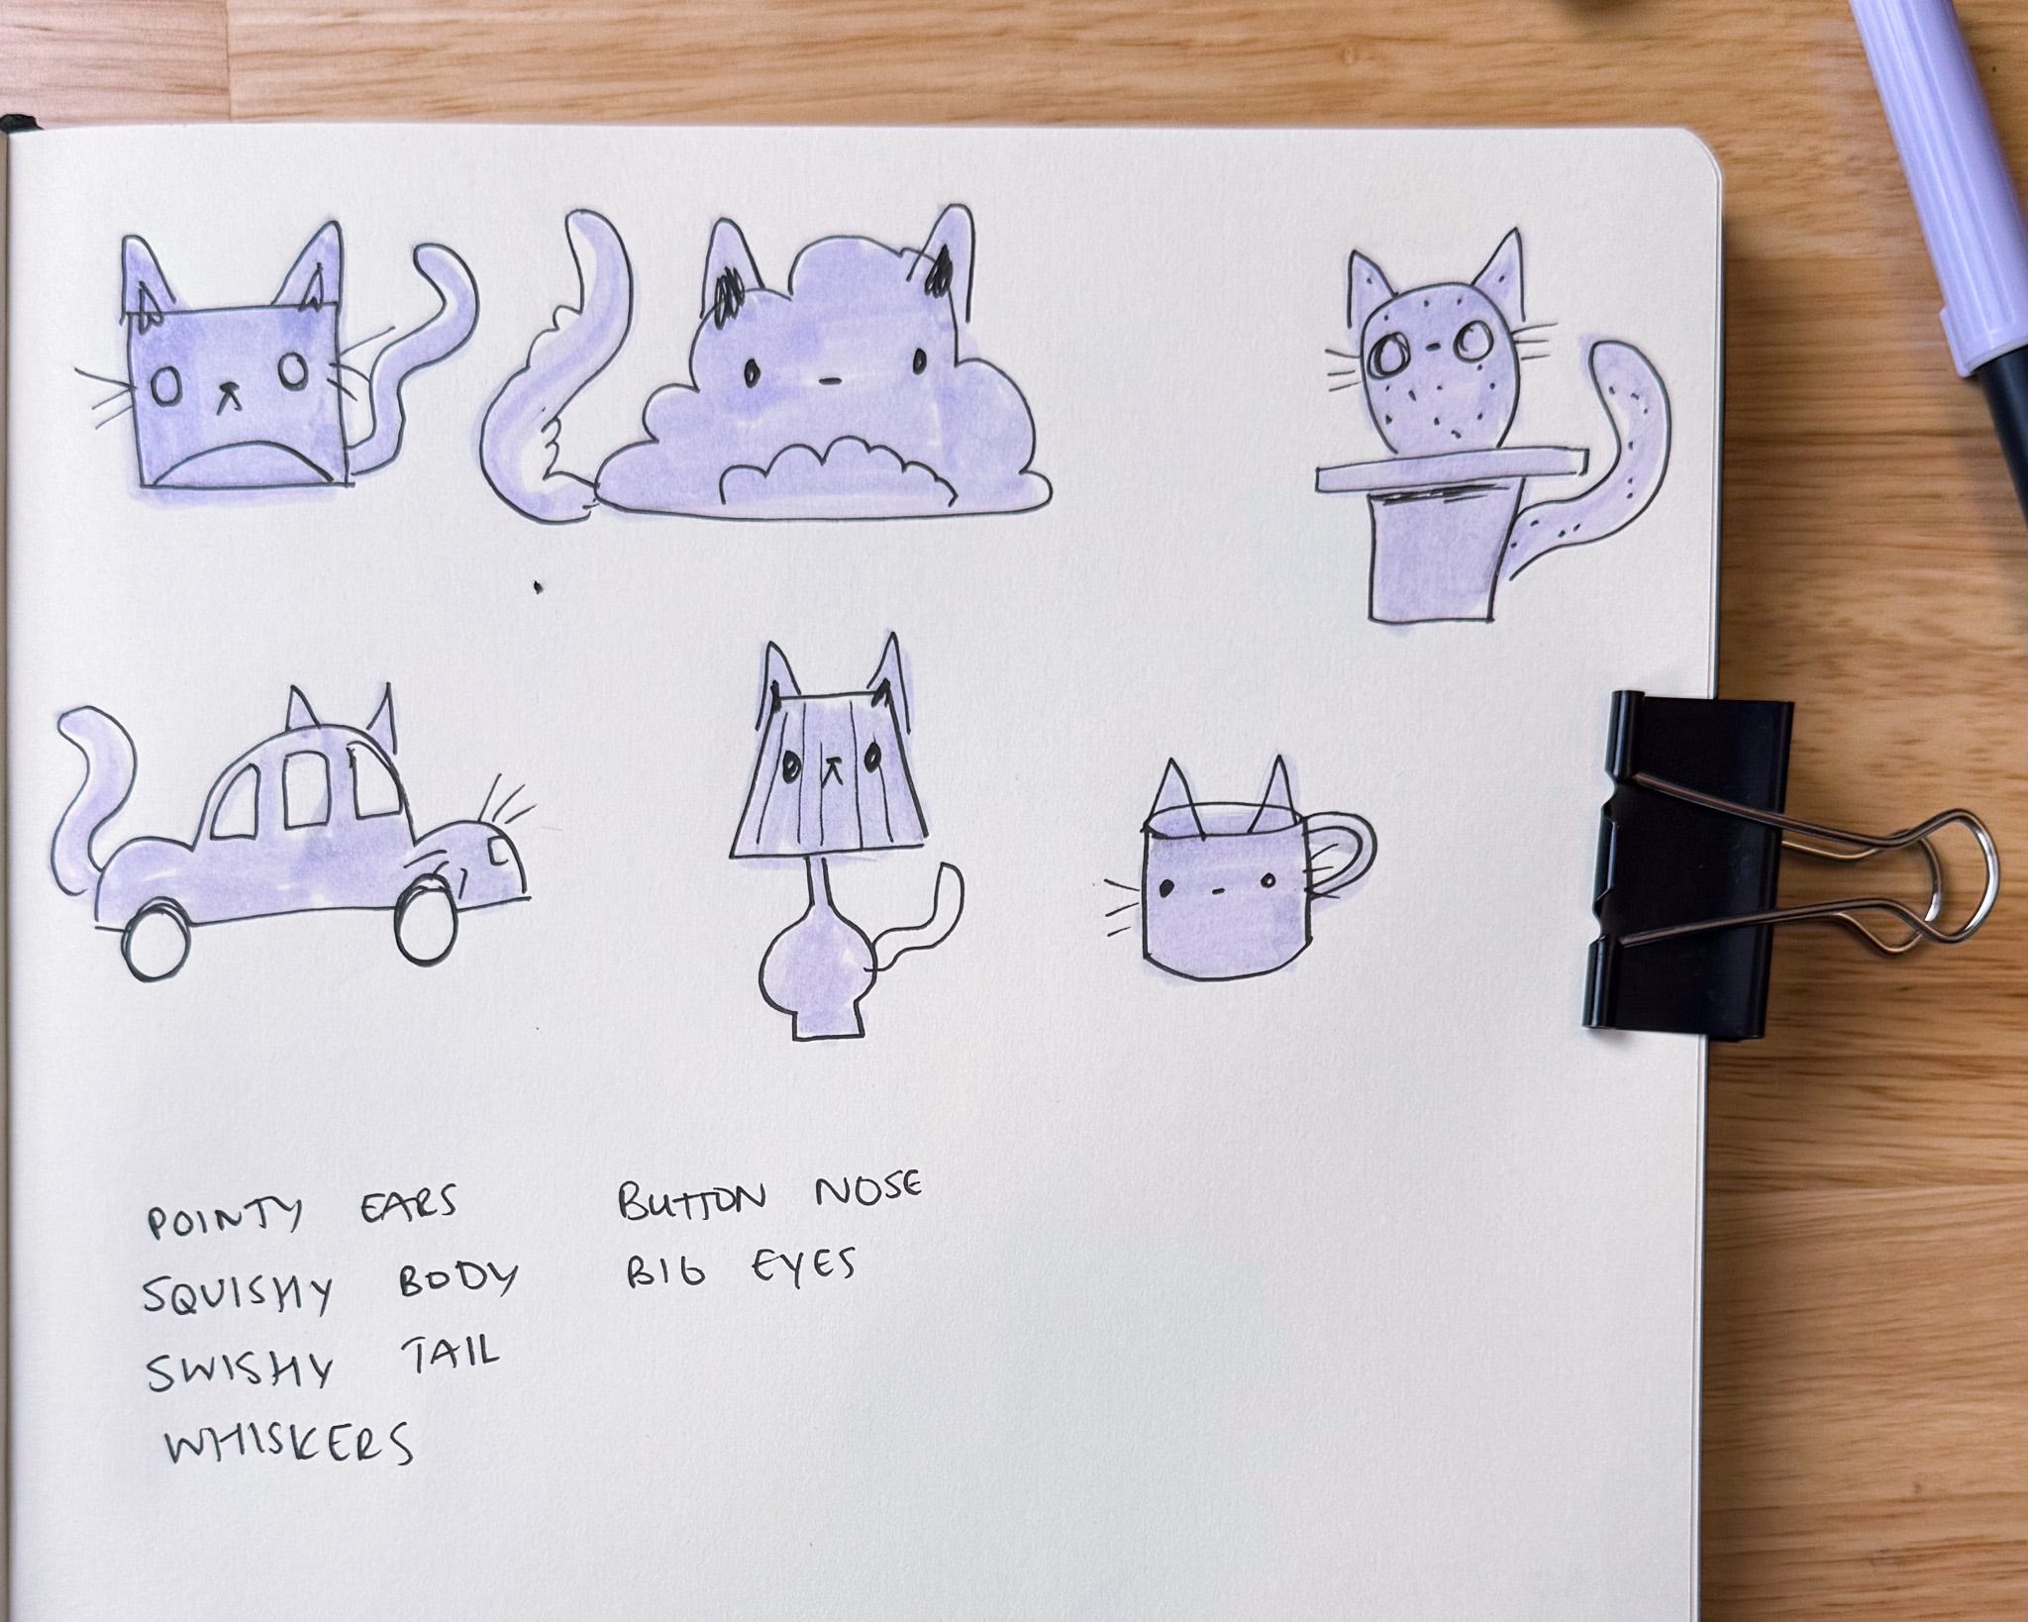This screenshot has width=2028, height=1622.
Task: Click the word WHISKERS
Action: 288,1442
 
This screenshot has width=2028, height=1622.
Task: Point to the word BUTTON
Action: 692,1198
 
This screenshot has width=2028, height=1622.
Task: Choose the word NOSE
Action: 867,1189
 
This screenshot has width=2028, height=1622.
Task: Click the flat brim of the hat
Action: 1454,466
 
